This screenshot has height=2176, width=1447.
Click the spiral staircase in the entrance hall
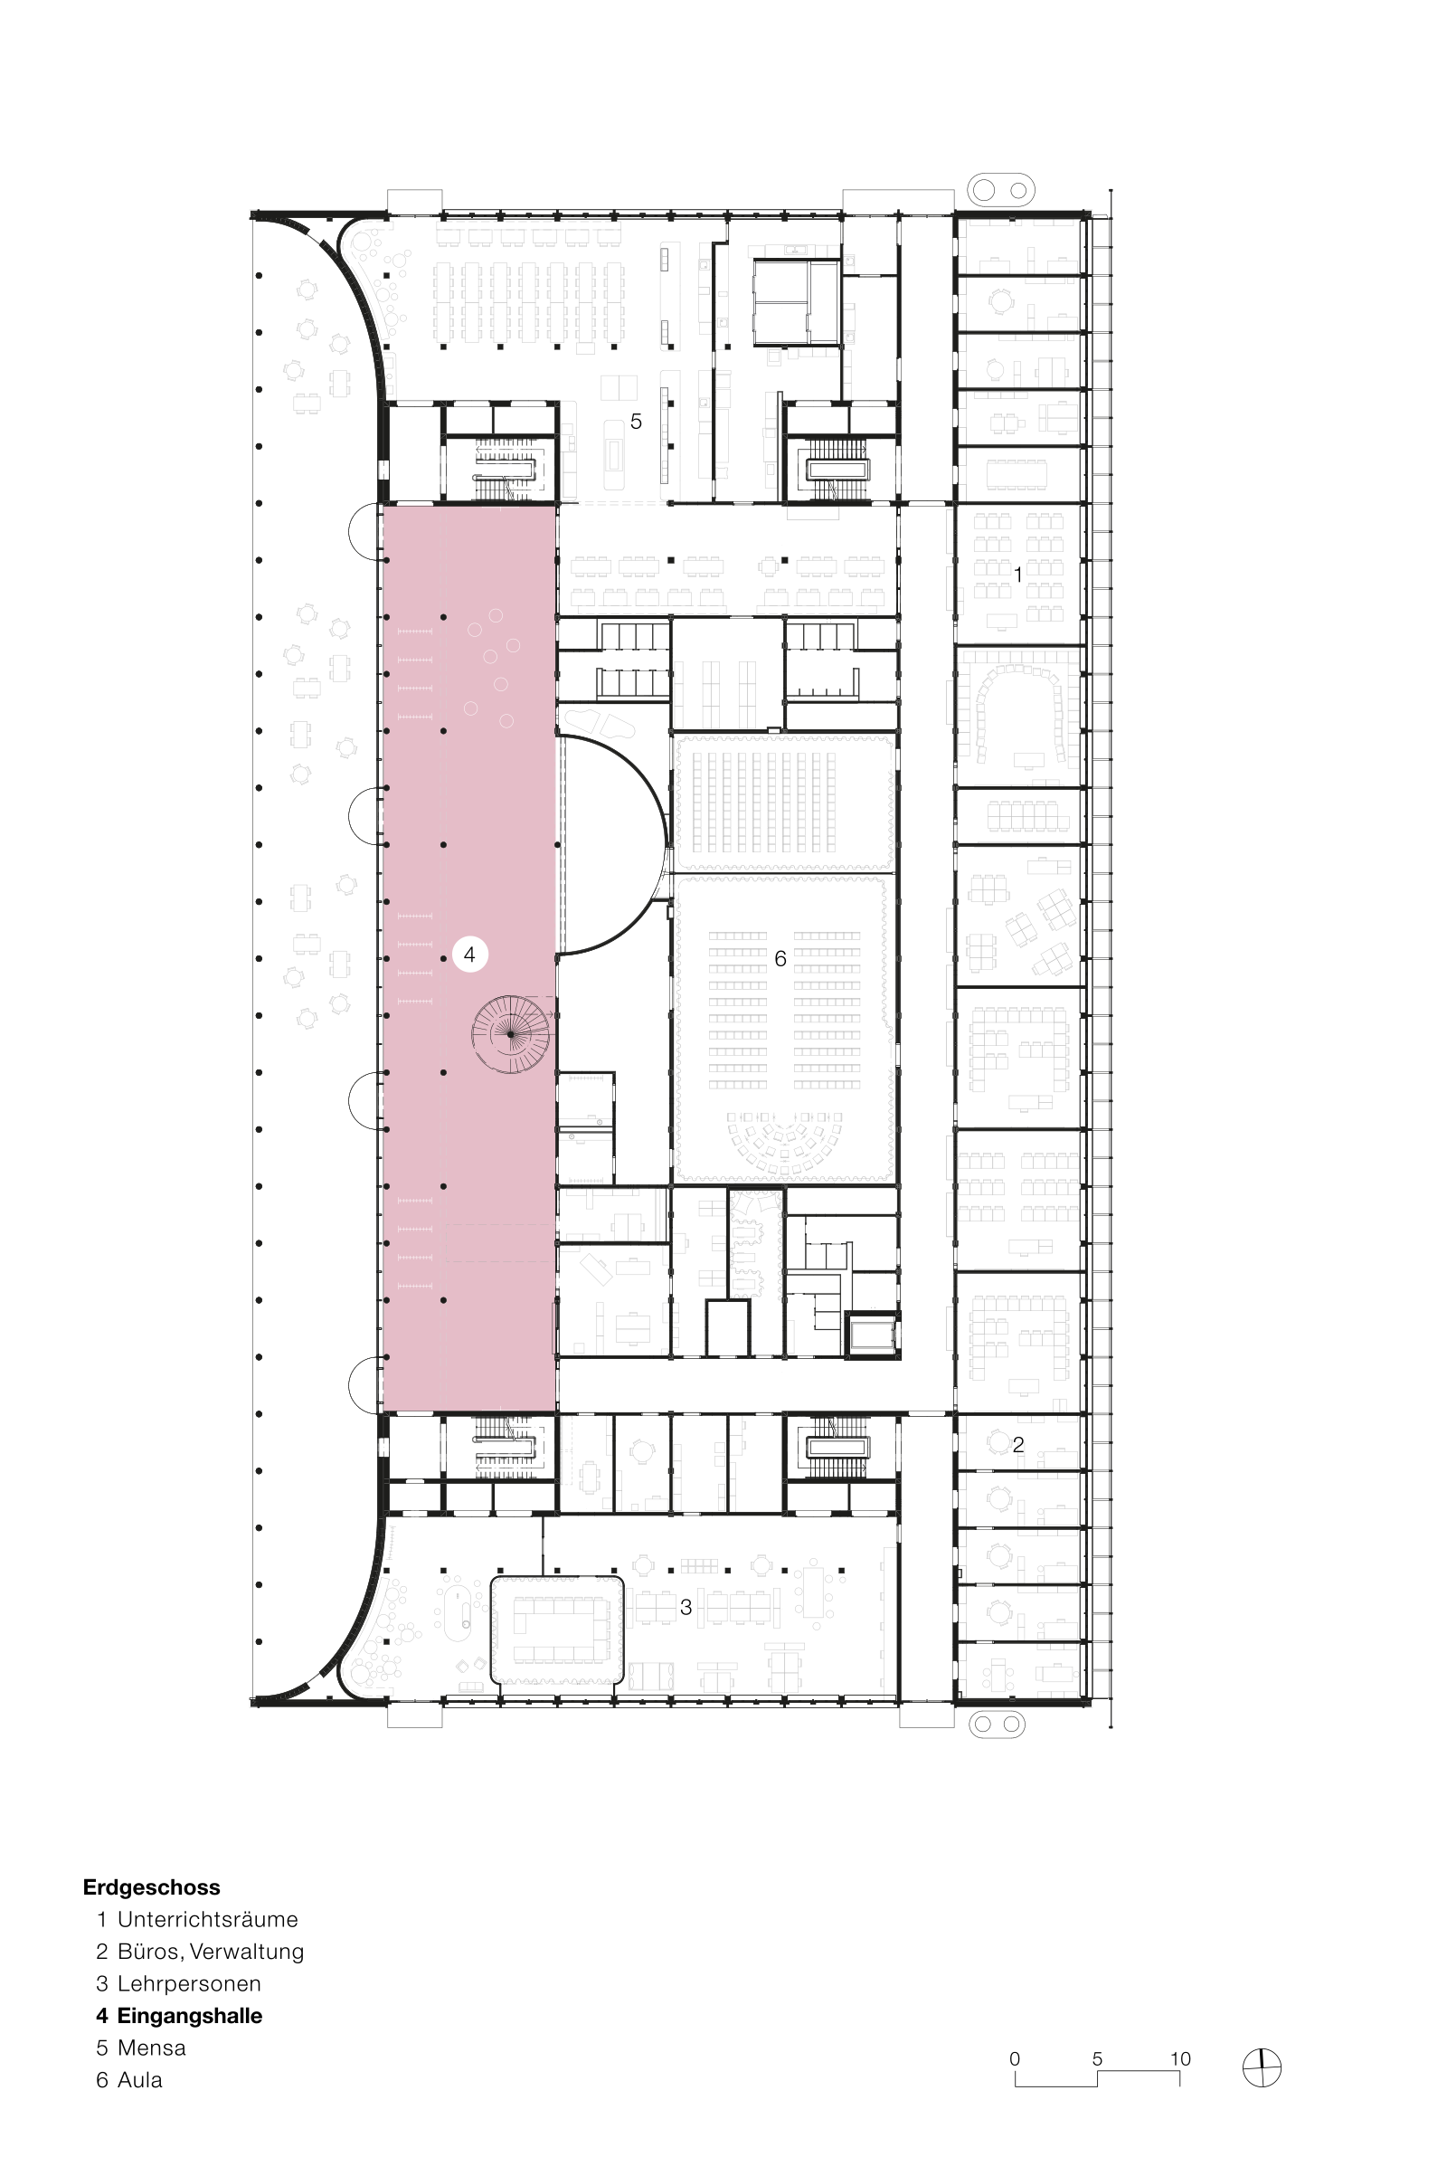click(x=511, y=1034)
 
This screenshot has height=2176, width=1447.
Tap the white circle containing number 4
click(x=469, y=955)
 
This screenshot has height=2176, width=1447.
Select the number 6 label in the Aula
click(x=780, y=959)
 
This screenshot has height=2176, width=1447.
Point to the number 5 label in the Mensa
click(x=636, y=422)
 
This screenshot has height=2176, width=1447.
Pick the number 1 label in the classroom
click(x=1019, y=575)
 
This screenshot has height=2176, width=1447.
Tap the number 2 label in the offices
click(x=1018, y=1445)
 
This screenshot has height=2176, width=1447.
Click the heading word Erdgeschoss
click(x=151, y=1887)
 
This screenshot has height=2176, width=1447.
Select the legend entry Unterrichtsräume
click(x=208, y=1919)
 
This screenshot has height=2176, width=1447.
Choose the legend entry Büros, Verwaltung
click(x=211, y=1952)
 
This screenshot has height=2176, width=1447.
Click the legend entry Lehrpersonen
click(x=189, y=1984)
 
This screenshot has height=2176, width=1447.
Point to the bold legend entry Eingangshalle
click(x=189, y=2016)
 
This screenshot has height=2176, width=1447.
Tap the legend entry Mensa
click(x=151, y=2048)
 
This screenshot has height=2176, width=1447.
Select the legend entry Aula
click(x=139, y=2080)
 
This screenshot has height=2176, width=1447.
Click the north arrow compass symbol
click(x=1262, y=2067)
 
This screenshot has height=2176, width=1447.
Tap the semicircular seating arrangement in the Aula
click(x=783, y=1145)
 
